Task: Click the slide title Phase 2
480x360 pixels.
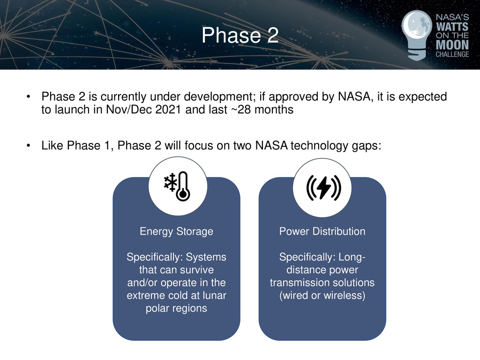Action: click(240, 35)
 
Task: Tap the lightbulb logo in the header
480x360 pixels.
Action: click(417, 35)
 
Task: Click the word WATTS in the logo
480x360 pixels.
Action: click(452, 26)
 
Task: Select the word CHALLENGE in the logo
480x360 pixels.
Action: click(452, 54)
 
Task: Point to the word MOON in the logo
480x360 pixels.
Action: click(452, 45)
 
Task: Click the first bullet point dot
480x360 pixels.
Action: click(29, 97)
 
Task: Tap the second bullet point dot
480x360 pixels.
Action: click(29, 145)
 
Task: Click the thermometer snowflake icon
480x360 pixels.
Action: click(177, 186)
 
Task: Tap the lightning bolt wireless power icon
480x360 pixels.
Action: click(323, 188)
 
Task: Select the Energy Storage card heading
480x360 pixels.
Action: click(176, 232)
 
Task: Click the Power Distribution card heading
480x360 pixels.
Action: click(322, 231)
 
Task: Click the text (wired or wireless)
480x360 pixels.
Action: click(322, 295)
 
